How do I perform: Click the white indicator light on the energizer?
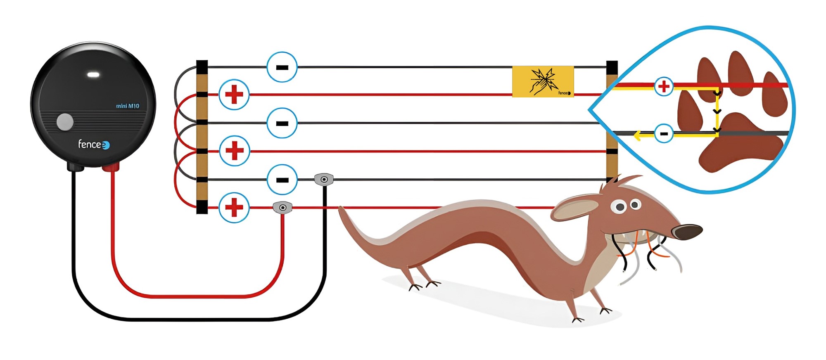pos(93,75)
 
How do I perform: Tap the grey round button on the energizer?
pos(65,122)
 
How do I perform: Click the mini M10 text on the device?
pos(128,106)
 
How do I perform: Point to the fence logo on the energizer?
pos(94,144)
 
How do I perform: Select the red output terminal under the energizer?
pos(111,167)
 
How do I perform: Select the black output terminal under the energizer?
pos(76,167)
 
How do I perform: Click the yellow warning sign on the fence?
pos(543,81)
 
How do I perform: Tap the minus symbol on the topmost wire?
pos(282,67)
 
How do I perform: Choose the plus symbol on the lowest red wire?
pos(234,207)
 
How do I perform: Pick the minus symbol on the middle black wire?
pos(282,123)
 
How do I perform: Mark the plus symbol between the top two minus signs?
pos(234,95)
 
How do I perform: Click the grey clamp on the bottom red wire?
pos(282,207)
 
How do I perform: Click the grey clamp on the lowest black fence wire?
pos(324,180)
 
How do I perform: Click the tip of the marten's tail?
pos(341,209)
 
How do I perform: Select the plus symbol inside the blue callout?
pos(664,87)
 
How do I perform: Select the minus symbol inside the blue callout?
pos(664,134)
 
